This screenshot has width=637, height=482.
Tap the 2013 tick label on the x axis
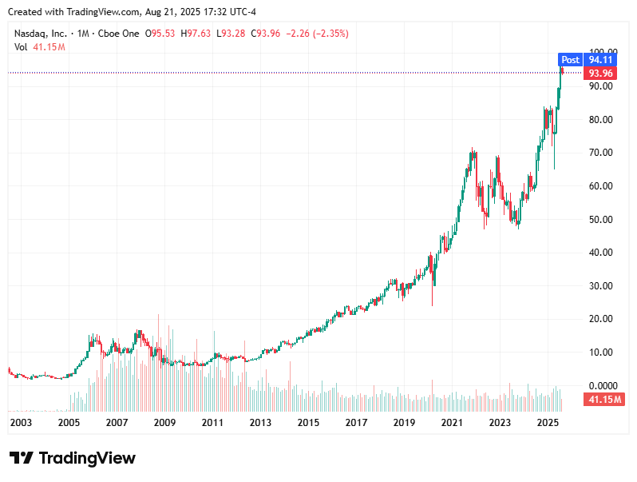(x=260, y=421)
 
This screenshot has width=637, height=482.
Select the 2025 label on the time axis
(x=548, y=421)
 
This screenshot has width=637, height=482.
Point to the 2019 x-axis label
(x=404, y=421)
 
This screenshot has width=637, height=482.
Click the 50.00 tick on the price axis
(x=601, y=219)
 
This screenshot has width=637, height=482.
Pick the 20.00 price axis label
(x=601, y=319)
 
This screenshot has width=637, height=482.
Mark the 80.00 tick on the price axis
(x=601, y=120)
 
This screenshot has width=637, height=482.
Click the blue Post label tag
(x=570, y=60)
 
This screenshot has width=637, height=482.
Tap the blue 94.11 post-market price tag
(x=599, y=60)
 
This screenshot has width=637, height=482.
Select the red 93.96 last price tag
(x=599, y=74)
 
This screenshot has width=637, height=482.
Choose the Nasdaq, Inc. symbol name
(x=39, y=34)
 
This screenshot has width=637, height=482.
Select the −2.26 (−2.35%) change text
(x=317, y=34)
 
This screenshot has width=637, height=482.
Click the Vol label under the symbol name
(x=21, y=47)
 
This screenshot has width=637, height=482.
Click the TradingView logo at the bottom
(x=73, y=458)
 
